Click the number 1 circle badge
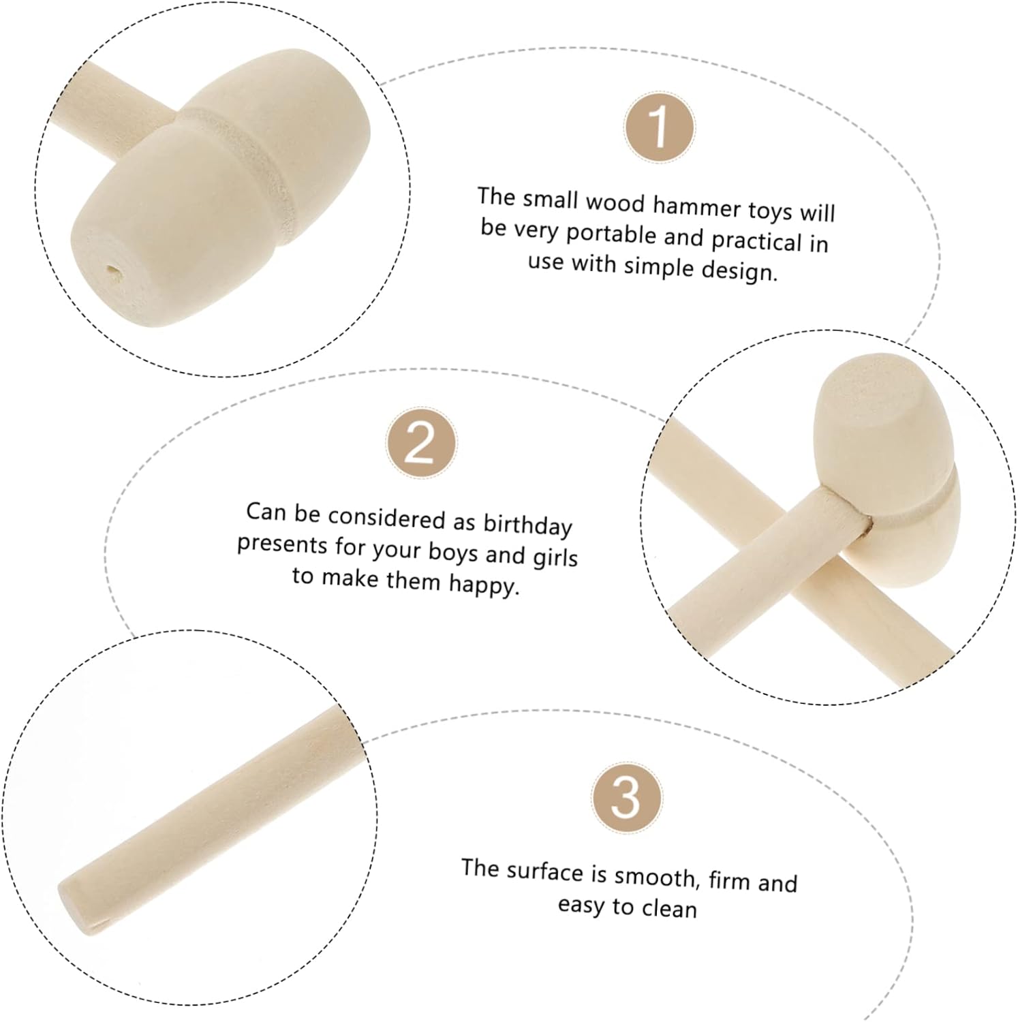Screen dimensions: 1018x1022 (660, 127)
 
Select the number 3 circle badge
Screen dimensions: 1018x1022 (626, 797)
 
